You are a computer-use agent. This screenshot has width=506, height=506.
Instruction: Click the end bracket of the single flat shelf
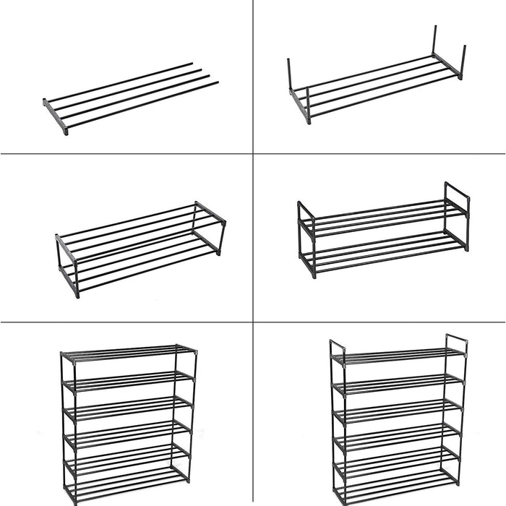[x=56, y=116]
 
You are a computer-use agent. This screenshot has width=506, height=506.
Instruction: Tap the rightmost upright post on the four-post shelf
[x=463, y=62]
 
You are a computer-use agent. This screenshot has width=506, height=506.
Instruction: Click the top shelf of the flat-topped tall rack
[x=128, y=352]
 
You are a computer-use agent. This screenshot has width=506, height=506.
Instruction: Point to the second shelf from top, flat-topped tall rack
[x=128, y=380]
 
